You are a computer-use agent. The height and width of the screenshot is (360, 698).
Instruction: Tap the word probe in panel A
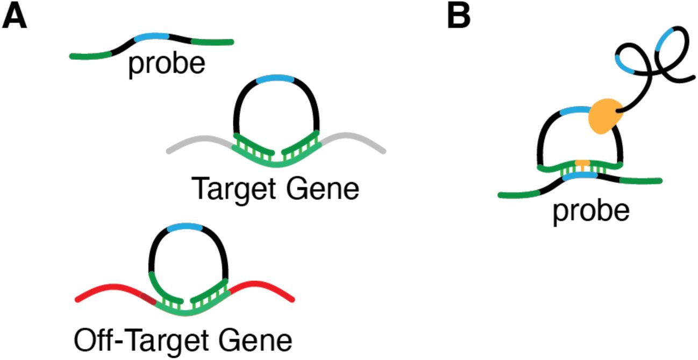[x=166, y=65]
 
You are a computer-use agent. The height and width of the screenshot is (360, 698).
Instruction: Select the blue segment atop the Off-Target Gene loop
[x=186, y=228]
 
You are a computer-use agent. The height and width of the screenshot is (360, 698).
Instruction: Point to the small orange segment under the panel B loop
[x=582, y=163]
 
